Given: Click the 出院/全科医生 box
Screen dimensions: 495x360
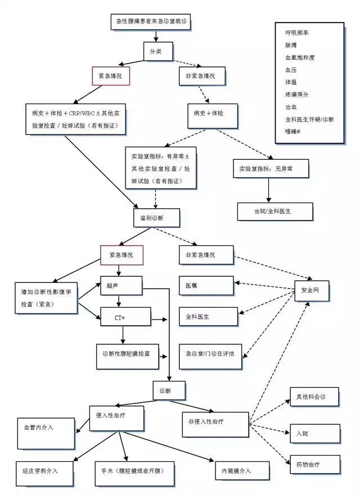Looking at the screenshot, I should click(x=268, y=211).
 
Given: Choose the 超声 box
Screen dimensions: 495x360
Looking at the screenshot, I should click(x=120, y=285).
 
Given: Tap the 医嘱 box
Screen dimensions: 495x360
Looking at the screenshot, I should click(x=206, y=285).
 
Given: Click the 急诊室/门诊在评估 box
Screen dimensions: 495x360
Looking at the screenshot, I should click(x=206, y=354).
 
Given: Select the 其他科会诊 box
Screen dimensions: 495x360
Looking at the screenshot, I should click(x=314, y=397).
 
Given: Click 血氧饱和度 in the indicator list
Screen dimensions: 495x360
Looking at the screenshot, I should click(x=300, y=58).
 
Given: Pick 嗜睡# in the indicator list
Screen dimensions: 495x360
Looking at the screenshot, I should click(x=294, y=132).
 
